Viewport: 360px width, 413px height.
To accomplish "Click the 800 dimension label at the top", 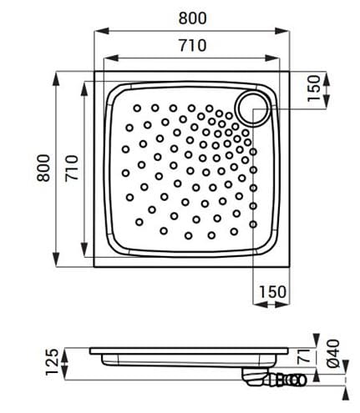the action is pyautogui.click(x=192, y=18).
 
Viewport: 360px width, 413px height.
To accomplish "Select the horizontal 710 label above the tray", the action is pyautogui.click(x=192, y=45).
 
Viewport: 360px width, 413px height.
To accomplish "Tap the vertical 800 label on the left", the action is pyautogui.click(x=43, y=168).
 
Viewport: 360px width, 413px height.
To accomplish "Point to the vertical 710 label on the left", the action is pyautogui.click(x=71, y=169).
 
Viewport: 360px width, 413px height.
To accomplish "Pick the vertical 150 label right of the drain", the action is pyautogui.click(x=313, y=88).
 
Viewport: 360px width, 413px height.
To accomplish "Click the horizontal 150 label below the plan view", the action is pyautogui.click(x=272, y=292).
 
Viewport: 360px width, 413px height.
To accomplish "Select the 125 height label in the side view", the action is pyautogui.click(x=52, y=362).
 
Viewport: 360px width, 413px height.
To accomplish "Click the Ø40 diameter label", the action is pyautogui.click(x=333, y=354).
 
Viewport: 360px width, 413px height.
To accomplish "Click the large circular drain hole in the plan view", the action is pyautogui.click(x=252, y=108).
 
